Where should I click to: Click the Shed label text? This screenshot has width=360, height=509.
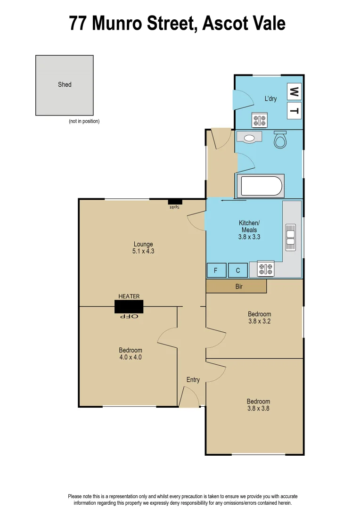[x=65, y=84]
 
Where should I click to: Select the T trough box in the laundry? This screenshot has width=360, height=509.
[x=294, y=111]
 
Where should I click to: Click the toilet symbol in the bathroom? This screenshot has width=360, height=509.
[x=280, y=139]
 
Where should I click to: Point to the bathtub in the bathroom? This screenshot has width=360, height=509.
[x=260, y=186]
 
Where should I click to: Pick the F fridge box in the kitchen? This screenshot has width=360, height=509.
[x=216, y=271]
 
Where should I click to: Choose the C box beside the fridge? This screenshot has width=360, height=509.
[x=238, y=271]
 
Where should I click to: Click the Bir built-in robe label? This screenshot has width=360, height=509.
[x=239, y=286]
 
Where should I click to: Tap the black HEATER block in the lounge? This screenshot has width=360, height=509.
[x=129, y=306]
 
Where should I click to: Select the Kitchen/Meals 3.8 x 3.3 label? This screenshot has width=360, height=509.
[x=249, y=230]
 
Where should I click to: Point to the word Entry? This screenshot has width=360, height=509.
[x=193, y=380]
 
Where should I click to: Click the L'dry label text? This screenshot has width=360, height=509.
[x=270, y=99]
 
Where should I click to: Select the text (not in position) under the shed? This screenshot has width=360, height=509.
[x=84, y=121]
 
